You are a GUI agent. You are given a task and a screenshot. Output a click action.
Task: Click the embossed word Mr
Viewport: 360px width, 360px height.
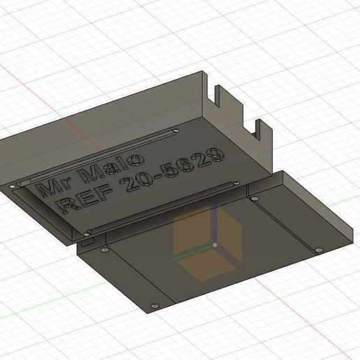point(51,185)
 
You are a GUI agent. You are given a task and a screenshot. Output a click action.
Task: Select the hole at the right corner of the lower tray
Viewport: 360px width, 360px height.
point(319,249)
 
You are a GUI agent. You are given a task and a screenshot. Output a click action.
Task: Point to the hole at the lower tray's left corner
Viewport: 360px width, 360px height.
point(104,248)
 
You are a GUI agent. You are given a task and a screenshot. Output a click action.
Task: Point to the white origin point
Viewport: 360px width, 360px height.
point(216,245)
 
